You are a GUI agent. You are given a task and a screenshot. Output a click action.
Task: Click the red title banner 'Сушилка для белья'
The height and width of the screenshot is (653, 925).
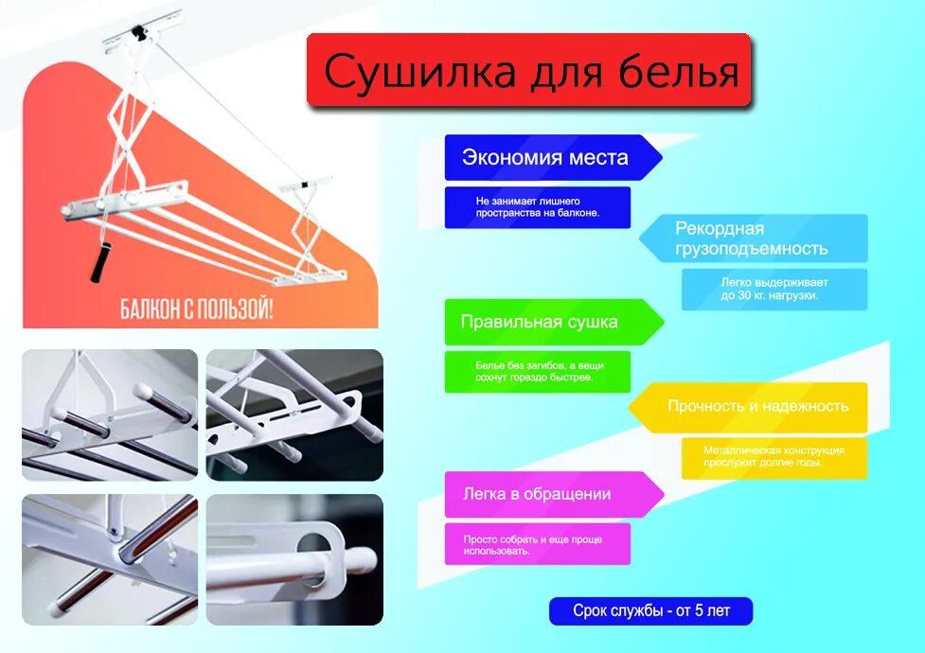(528, 71)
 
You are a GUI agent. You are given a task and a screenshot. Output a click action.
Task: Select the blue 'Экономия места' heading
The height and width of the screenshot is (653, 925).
(545, 158)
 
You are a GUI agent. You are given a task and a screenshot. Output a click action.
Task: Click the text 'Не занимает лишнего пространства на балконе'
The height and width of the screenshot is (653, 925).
(538, 207)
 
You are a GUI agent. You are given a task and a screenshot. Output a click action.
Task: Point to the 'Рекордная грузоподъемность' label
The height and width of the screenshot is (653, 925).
(752, 238)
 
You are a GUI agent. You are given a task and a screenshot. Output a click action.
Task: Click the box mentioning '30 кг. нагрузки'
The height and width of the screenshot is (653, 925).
(774, 289)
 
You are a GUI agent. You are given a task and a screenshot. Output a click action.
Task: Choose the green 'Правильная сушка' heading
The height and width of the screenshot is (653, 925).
(540, 322)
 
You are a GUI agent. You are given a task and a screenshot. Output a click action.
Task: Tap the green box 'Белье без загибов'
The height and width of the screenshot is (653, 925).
(538, 371)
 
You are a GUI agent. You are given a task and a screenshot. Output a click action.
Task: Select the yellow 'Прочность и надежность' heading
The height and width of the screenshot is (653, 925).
(757, 407)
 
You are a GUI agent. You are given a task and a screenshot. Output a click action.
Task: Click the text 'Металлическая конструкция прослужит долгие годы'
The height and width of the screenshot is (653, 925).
(774, 456)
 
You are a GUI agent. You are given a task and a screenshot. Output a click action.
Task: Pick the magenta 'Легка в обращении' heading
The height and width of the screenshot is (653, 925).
(538, 494)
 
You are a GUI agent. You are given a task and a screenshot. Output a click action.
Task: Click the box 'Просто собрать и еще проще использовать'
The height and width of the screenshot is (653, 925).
(538, 544)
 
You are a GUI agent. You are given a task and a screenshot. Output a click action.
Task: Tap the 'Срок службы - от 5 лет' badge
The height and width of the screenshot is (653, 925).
(651, 611)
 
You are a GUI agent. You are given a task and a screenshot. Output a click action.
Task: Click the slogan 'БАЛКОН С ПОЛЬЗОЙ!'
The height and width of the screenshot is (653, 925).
(197, 309)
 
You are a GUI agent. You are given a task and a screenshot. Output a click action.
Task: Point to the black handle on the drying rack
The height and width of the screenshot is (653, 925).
(101, 262)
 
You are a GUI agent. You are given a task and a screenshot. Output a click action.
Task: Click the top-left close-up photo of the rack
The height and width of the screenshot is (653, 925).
(110, 415)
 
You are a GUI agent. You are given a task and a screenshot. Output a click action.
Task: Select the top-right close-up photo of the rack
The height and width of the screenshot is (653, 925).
(294, 415)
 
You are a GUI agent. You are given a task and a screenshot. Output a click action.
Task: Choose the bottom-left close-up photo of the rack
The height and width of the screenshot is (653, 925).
(110, 558)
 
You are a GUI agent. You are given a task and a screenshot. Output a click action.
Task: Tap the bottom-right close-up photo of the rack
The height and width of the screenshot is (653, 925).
(294, 558)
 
